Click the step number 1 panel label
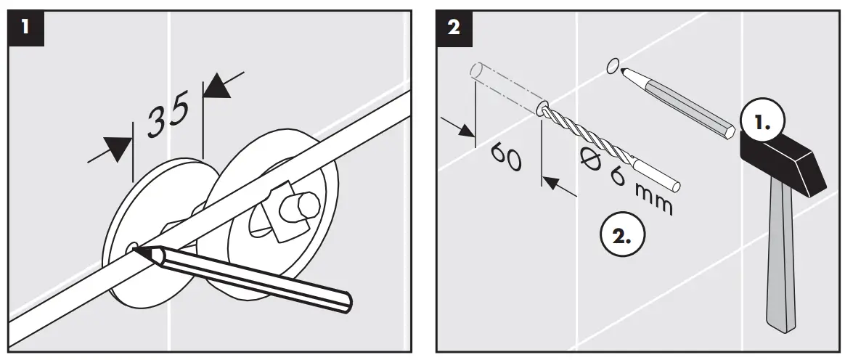coord(26,28)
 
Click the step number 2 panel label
coord(454,28)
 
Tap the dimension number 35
coord(168,114)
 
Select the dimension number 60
coord(505,156)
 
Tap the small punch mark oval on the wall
coord(612,66)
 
